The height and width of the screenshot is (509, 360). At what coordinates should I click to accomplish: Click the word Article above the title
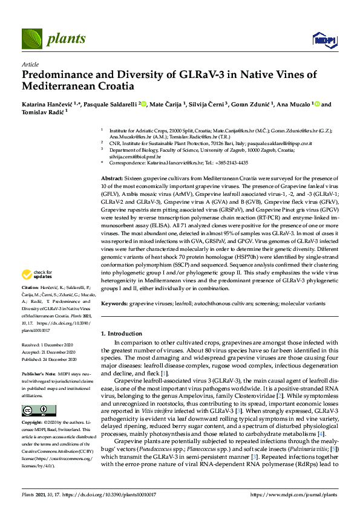pos(30,64)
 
